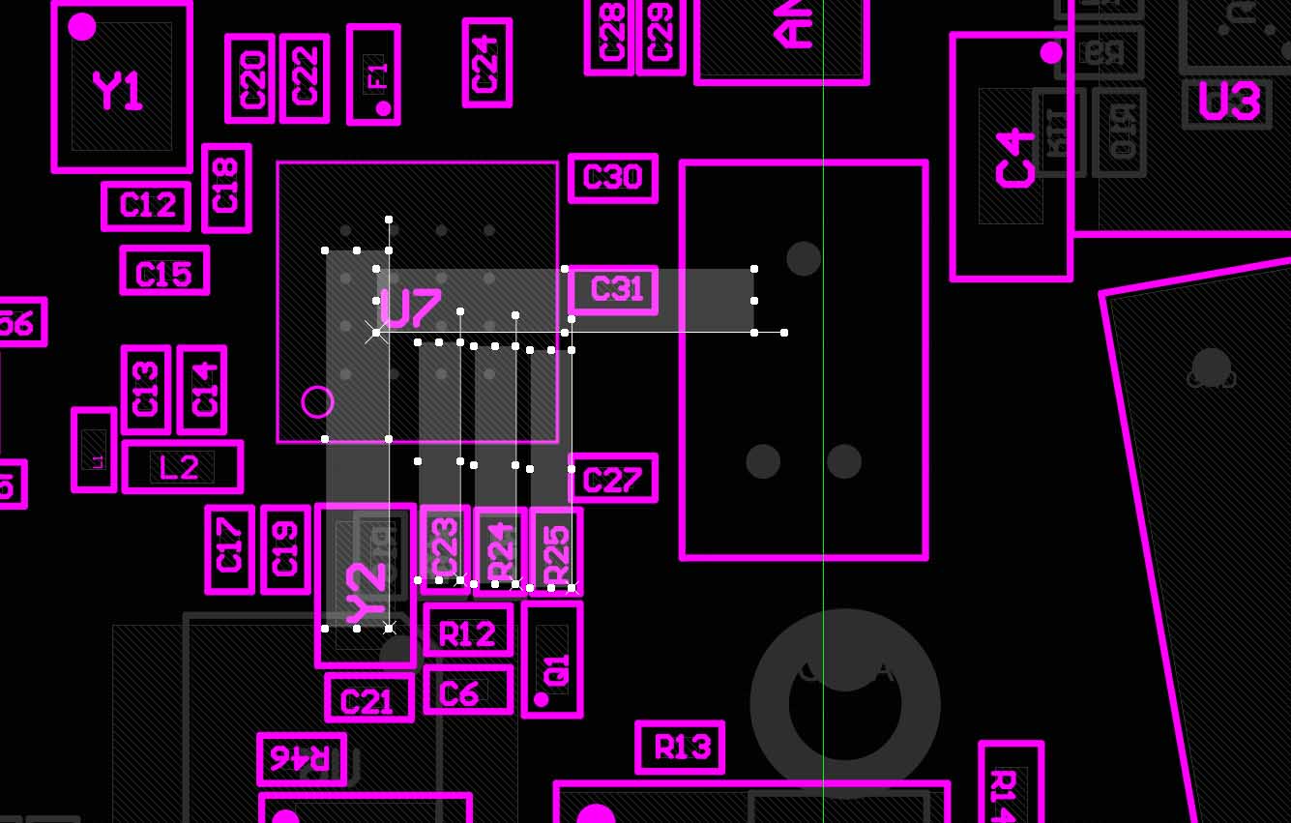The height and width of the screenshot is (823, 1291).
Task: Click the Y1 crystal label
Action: point(119,93)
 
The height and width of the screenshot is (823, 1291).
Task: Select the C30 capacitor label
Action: point(613,178)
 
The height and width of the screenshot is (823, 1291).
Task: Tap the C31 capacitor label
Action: point(615,289)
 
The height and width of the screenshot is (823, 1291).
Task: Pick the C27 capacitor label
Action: point(613,480)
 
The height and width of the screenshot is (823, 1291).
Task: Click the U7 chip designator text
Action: point(410,308)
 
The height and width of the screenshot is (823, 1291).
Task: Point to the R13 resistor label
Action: point(681,748)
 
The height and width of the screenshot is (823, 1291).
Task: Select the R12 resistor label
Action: point(468,634)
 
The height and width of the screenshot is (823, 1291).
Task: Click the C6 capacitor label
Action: point(459,692)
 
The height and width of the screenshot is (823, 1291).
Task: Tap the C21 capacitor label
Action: point(368,700)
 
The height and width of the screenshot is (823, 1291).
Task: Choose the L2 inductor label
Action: point(180,468)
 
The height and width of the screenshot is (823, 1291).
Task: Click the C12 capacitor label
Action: point(147,205)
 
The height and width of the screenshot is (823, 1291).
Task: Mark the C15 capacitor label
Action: point(164,274)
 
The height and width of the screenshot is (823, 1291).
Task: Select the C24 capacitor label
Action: point(486,63)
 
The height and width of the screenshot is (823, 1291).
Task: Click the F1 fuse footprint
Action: point(374,74)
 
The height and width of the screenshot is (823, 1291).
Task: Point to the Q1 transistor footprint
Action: point(552,660)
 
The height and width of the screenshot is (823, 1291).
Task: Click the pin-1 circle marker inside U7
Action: point(317,401)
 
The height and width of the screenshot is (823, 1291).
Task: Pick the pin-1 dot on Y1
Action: point(82,27)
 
